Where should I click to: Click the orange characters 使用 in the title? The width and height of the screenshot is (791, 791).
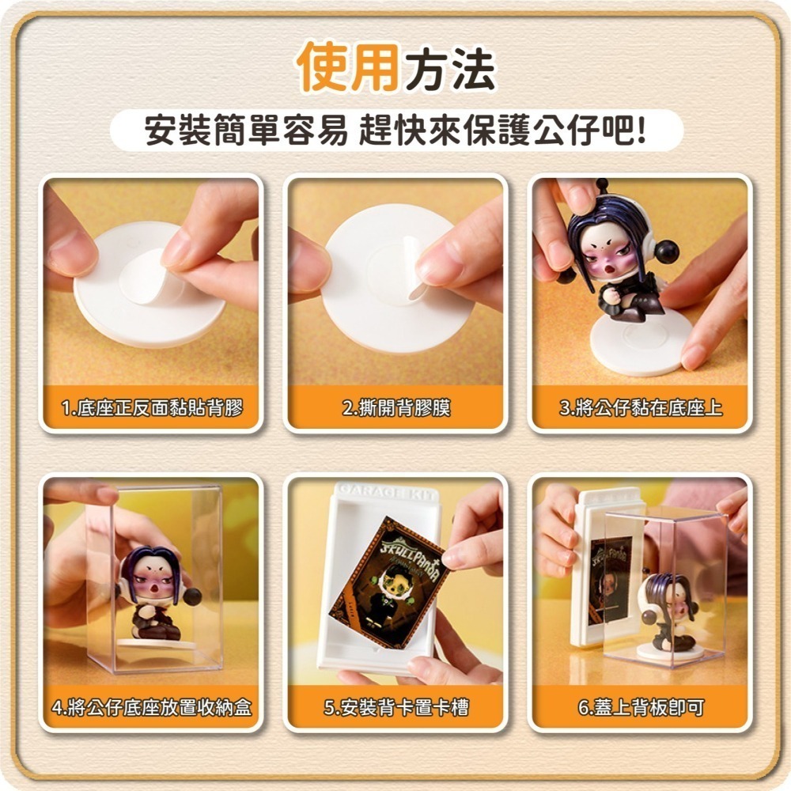click(348, 67)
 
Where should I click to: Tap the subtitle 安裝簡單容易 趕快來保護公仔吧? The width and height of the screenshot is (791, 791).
click(395, 131)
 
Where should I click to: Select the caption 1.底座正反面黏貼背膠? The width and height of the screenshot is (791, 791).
click(152, 407)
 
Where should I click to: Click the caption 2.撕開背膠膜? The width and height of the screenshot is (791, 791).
click(396, 407)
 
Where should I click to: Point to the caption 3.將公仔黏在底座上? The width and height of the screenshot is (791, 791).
click(641, 407)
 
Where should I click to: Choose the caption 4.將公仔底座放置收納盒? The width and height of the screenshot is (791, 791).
click(151, 707)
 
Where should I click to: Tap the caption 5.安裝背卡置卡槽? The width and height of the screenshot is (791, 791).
click(396, 707)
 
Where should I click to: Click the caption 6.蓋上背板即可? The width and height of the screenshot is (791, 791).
click(641, 707)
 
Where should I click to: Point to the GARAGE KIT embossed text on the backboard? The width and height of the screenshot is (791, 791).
click(387, 492)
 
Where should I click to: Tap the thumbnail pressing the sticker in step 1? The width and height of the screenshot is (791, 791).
click(177, 247)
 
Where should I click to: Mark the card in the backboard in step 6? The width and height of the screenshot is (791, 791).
click(611, 580)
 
